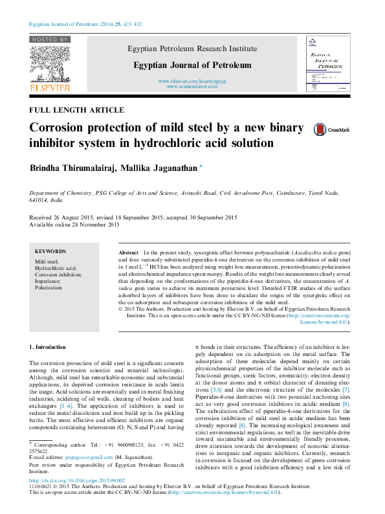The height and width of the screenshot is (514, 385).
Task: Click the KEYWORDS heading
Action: click(x=50, y=251)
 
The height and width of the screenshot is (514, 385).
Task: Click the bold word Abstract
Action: click(x=129, y=251)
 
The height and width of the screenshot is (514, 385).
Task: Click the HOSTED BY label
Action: click(x=50, y=39)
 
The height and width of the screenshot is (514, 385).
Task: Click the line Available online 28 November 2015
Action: click(x=75, y=225)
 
